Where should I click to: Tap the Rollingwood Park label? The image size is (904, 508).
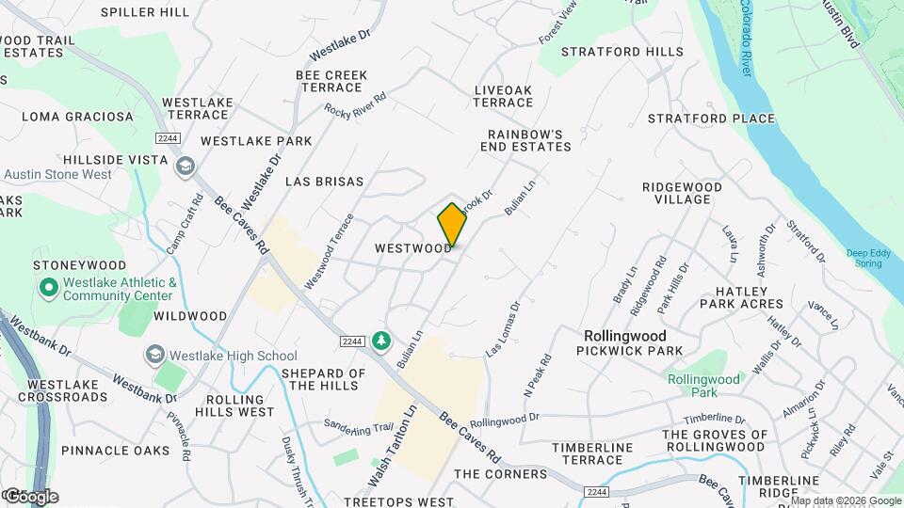703,386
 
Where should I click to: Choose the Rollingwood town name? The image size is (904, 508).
624,336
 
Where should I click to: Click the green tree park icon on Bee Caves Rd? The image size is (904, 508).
381,340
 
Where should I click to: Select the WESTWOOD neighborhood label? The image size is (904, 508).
413,248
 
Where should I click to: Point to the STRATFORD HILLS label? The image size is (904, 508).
622,52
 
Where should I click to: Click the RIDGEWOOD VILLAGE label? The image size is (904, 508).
683,194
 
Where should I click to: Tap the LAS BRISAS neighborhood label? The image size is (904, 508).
324,181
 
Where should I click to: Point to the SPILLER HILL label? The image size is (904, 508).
144,12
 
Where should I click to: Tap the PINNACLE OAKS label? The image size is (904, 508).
116,451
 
